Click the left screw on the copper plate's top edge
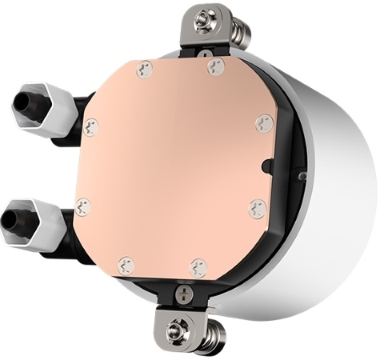point(143,70)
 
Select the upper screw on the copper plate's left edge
point(90,126)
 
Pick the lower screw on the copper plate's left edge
point(82,207)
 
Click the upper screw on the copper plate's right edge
point(264,123)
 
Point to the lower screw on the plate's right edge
point(255,207)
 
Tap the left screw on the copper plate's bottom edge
point(126,265)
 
